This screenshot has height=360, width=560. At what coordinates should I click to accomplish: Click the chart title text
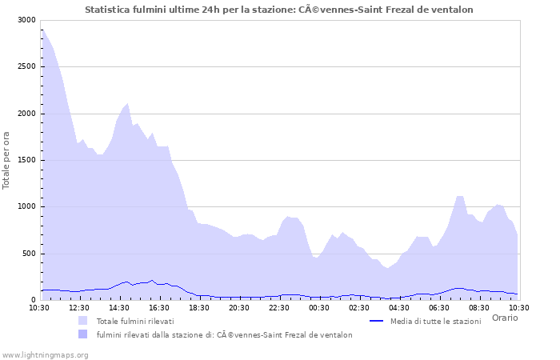pos(279,10)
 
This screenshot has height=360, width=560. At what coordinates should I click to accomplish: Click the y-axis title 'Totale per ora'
pos(6,160)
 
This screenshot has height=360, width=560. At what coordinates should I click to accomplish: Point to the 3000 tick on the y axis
pos(26,20)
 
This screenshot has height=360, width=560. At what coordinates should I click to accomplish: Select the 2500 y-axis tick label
pos(26,66)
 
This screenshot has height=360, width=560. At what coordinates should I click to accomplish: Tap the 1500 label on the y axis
pos(26,160)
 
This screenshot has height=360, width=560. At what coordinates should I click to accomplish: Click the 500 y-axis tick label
pos(28,254)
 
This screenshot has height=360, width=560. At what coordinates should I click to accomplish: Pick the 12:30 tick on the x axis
pos(79,307)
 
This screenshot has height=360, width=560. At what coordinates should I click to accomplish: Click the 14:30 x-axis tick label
pos(119,307)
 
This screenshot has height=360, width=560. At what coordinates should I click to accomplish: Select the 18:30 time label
pos(199,307)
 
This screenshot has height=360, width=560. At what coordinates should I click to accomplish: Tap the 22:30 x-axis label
pos(279,307)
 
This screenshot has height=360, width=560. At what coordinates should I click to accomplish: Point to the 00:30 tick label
pos(319,307)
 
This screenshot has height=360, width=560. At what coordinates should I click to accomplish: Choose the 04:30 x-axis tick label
pos(399,307)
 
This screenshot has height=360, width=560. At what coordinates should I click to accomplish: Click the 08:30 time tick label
pos(479,307)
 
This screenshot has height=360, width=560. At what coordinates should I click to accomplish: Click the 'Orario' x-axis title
pos(505,318)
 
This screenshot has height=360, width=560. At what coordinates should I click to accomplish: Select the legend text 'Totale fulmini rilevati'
pos(135,321)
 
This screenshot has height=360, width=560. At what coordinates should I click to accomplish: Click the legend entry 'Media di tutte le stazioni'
pos(436,321)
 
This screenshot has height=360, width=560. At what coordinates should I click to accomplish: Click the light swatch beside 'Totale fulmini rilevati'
pos(83,321)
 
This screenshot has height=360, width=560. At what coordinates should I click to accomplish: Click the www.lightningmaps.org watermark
pos(45,354)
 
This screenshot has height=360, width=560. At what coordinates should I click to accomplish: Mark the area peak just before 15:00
pos(127,103)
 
